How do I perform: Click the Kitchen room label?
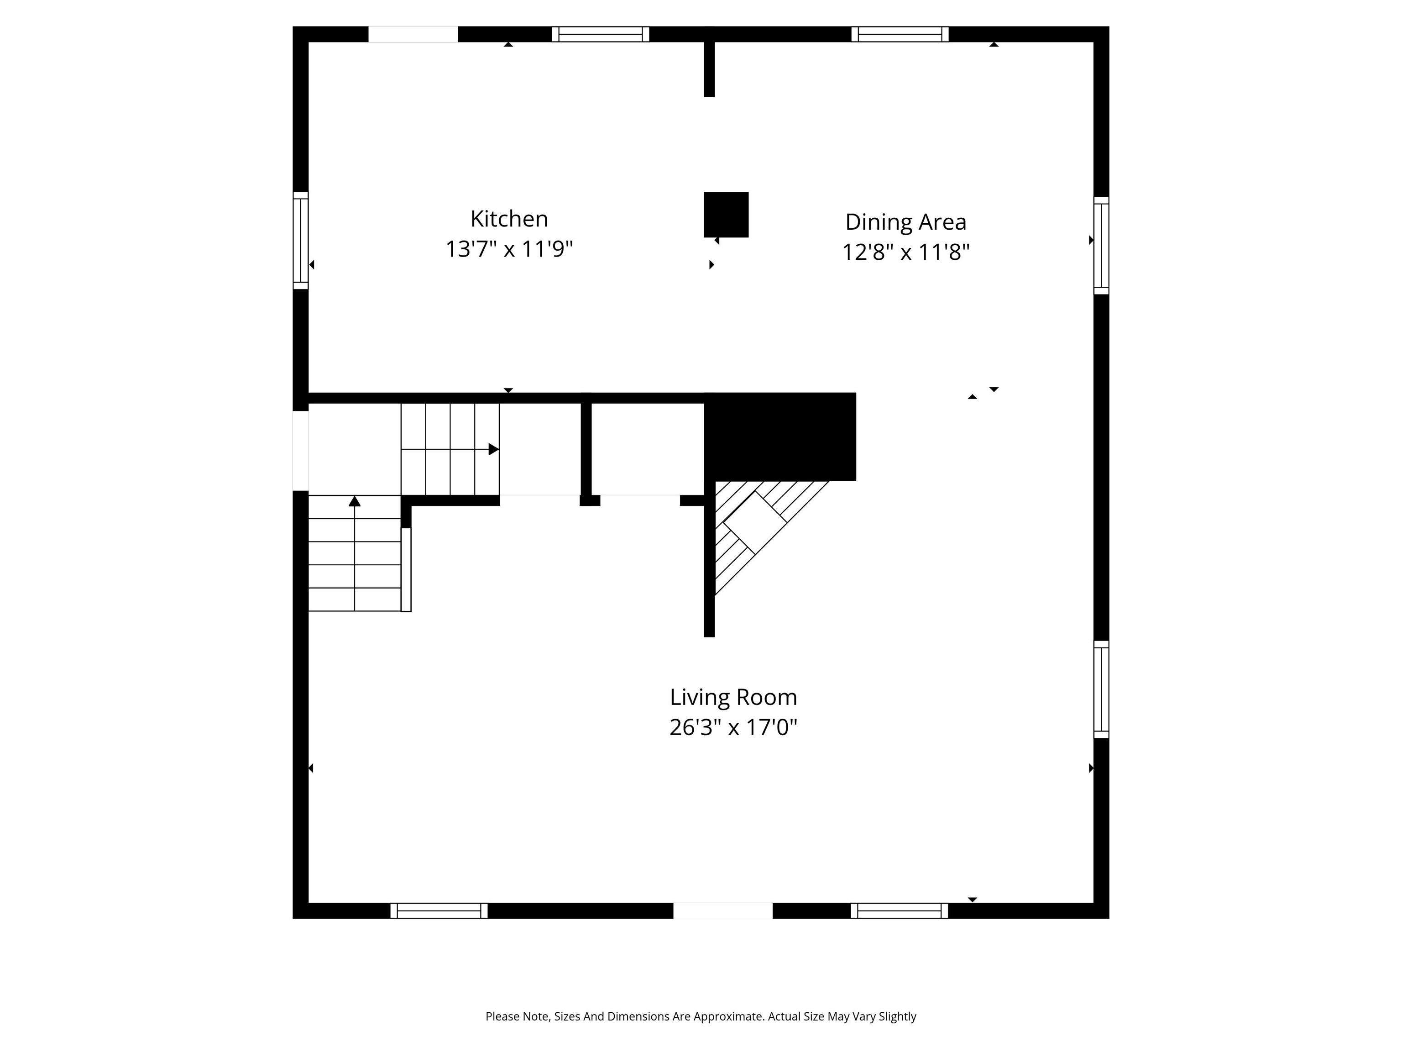(x=509, y=219)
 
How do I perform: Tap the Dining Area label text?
(x=906, y=222)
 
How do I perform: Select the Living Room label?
(x=733, y=697)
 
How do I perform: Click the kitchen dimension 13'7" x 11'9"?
(x=509, y=248)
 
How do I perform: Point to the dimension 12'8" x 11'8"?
(x=906, y=252)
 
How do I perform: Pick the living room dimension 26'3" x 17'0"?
(x=733, y=727)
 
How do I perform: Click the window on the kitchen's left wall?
(x=300, y=240)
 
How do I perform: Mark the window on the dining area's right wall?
(x=1102, y=245)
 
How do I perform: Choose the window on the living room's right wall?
(x=1102, y=689)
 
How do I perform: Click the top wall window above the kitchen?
(x=600, y=34)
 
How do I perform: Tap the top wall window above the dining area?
(x=900, y=34)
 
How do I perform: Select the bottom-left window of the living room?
(x=439, y=910)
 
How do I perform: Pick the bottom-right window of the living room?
(x=900, y=910)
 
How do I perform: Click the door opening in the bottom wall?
(x=722, y=910)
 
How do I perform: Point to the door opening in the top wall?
(x=413, y=34)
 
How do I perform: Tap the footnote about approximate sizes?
(x=701, y=1016)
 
